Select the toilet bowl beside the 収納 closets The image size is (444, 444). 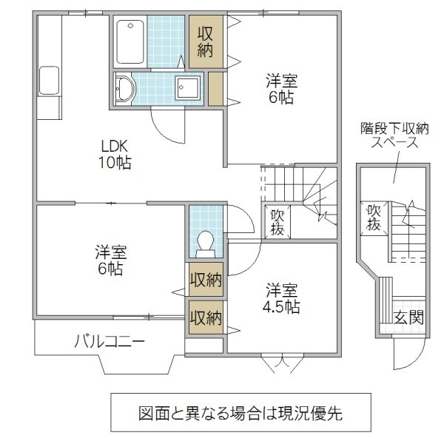click(x=205, y=241)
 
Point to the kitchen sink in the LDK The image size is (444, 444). click(x=49, y=80)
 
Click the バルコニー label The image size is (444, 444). click(x=109, y=341)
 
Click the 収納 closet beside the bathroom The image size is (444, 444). click(x=204, y=41)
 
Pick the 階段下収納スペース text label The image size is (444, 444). click(x=392, y=135)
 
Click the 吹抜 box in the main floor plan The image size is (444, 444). click(x=277, y=222)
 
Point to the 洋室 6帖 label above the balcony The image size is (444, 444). click(x=110, y=259)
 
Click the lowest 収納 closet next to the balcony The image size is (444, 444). click(x=205, y=317)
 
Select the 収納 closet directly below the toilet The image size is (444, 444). click(x=205, y=280)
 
